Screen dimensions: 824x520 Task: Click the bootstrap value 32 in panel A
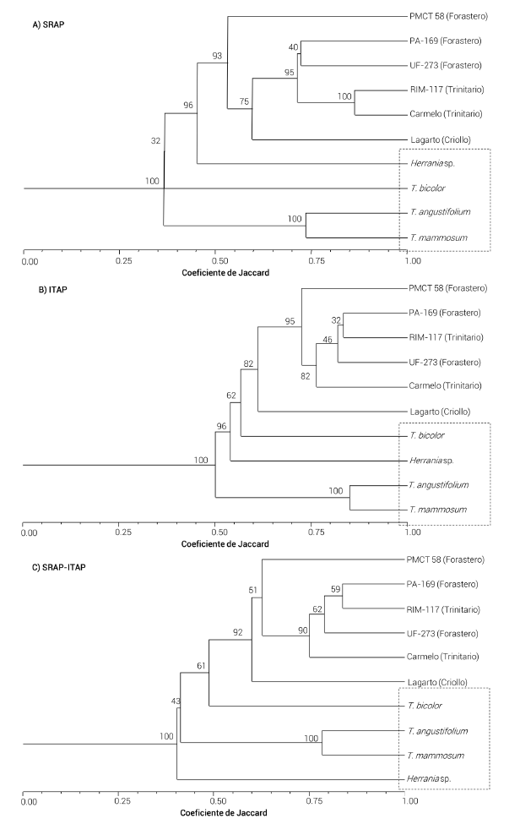click(155, 142)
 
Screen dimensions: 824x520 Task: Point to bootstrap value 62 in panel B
click(232, 394)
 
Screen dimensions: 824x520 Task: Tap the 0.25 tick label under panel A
click(119, 262)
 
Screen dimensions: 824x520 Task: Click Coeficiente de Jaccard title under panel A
click(216, 274)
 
